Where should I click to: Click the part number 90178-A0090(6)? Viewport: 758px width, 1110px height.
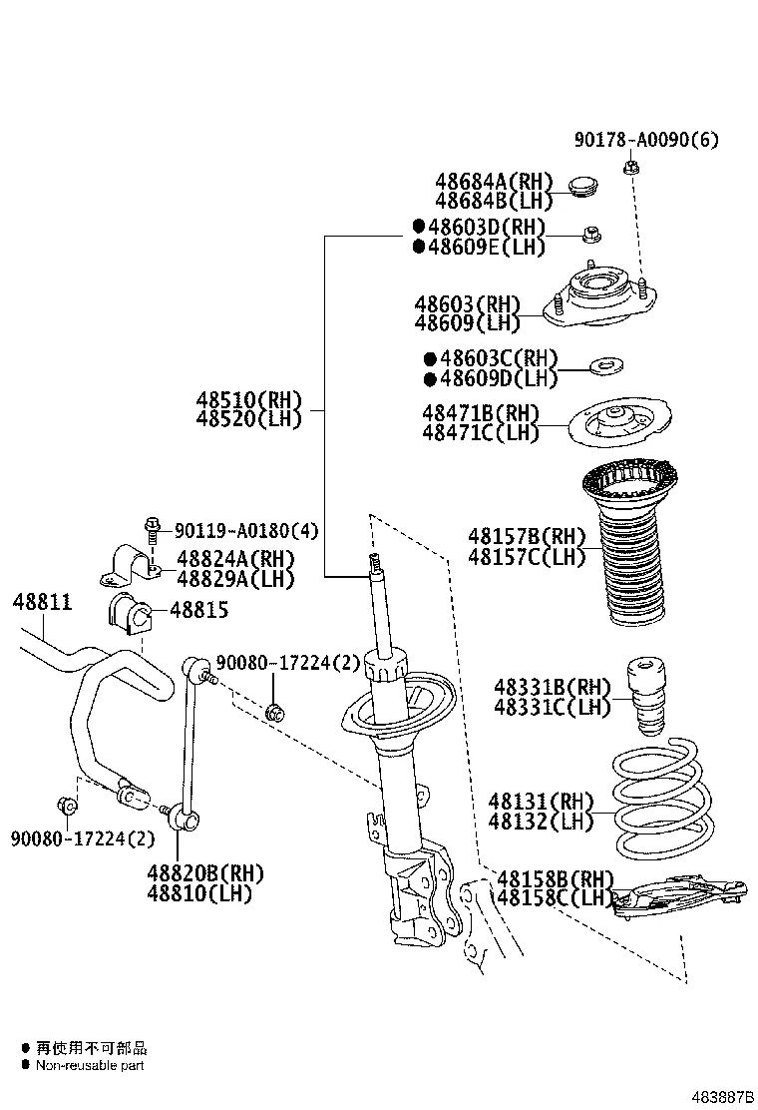(x=644, y=140)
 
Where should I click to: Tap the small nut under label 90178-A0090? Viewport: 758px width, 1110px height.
(x=630, y=167)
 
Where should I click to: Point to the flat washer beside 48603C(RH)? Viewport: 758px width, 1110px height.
(x=604, y=368)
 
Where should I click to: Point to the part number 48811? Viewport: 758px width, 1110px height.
(x=42, y=602)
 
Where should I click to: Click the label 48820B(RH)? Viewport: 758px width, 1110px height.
(x=204, y=873)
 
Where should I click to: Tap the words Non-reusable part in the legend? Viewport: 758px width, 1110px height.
(x=90, y=1065)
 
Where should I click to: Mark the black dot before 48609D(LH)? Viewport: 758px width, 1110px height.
(x=430, y=378)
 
